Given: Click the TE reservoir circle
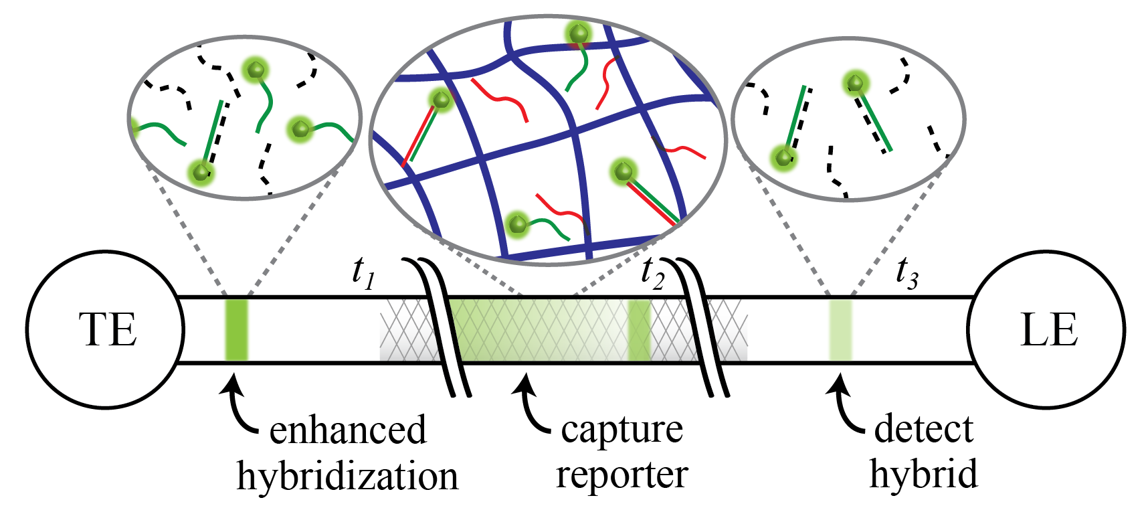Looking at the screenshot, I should (x=106, y=329).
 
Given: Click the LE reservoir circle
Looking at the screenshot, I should (x=1046, y=329).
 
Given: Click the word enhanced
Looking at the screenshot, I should (x=347, y=430).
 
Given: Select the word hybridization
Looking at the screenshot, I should (x=347, y=477).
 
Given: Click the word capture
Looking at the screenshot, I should (x=621, y=430).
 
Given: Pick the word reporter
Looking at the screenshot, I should (x=621, y=475).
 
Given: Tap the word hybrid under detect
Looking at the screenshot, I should (x=923, y=474).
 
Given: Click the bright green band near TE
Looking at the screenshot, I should (x=236, y=330).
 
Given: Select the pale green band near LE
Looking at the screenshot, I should (x=840, y=330).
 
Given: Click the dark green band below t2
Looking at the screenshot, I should (x=639, y=330).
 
